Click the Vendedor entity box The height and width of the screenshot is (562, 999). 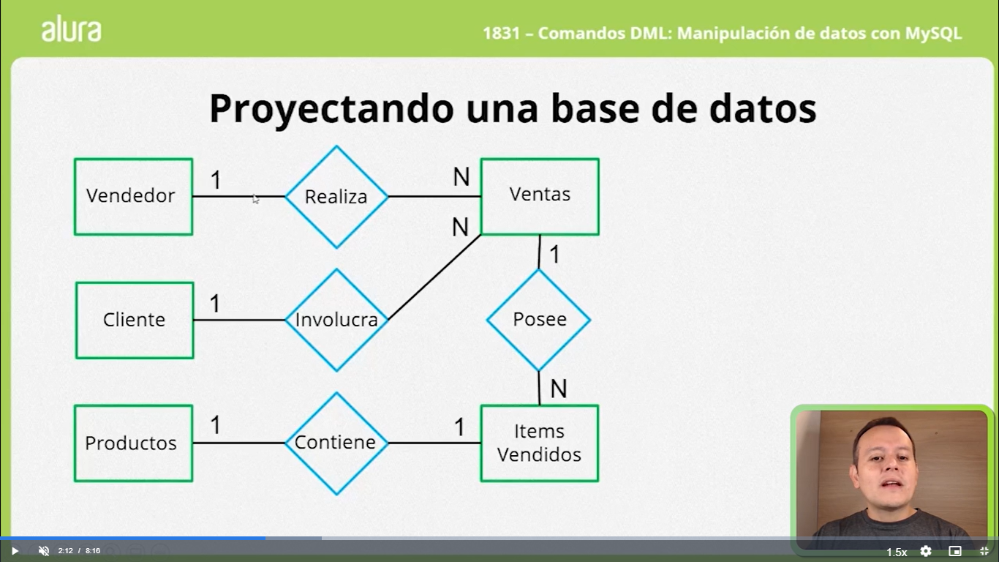tap(133, 196)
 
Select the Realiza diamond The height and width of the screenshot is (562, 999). tap(336, 197)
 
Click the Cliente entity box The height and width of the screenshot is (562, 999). tap(135, 320)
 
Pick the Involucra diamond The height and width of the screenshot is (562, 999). tap(336, 320)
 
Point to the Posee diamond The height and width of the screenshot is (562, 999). tap(539, 320)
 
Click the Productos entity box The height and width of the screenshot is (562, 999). tap(133, 443)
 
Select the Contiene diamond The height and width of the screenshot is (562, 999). tap(336, 443)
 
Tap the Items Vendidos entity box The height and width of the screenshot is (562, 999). tap(539, 443)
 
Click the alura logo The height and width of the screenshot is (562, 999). tap(71, 29)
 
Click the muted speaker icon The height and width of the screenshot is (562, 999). tap(43, 551)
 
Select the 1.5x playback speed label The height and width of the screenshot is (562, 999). tap(897, 552)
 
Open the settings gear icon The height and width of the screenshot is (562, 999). tap(926, 551)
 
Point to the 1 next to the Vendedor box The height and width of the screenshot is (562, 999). tap(216, 179)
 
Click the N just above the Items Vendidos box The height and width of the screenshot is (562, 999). tap(559, 389)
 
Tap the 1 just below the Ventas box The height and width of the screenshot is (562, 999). tap(554, 254)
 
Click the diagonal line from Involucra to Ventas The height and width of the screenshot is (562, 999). tap(434, 277)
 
